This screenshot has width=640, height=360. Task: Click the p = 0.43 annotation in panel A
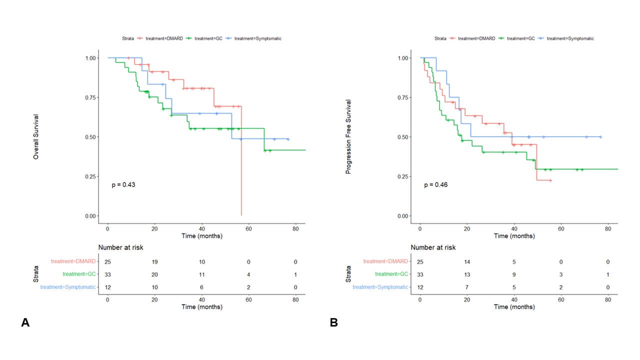coord(123,185)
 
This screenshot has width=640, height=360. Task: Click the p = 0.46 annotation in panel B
coord(436,185)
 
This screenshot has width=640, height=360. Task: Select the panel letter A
coord(25,323)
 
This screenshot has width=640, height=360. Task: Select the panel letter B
coord(333,323)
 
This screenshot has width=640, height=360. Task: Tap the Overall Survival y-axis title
coord(36,137)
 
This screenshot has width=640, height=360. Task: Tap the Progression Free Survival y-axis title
coord(348,137)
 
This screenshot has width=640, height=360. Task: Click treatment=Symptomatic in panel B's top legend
coord(570,38)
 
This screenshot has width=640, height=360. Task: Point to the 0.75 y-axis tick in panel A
coord(90,97)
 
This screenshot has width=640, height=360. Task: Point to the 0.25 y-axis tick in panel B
coord(402,176)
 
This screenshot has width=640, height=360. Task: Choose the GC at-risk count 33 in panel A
coord(107,274)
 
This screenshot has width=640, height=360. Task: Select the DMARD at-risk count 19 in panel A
coord(154,262)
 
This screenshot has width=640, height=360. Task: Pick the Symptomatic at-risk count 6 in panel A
coord(201,287)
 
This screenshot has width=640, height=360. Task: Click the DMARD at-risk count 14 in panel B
coord(467,262)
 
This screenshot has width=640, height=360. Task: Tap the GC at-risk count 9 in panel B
coord(514,274)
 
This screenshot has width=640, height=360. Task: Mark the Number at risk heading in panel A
coord(121,247)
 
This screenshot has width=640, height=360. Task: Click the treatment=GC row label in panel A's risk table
coord(79,274)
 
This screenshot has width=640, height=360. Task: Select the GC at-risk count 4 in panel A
coord(248,274)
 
